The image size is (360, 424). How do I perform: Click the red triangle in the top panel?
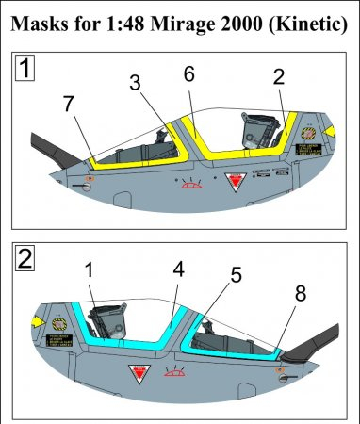click(230, 181)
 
